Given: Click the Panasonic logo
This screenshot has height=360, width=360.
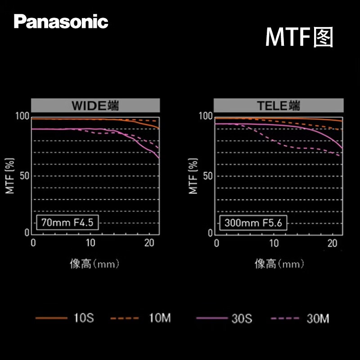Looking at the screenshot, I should [x=61, y=21].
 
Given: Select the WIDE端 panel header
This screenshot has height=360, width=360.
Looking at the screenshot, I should [x=95, y=106].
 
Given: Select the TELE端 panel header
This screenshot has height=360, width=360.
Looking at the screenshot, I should [x=279, y=106].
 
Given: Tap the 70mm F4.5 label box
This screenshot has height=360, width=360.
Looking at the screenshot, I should [x=67, y=222].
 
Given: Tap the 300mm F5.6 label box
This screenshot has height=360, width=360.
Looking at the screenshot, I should [x=254, y=222].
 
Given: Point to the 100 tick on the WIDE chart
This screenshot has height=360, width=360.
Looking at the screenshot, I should [x=23, y=117].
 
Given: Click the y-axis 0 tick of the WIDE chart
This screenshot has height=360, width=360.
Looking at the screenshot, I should [x=27, y=232].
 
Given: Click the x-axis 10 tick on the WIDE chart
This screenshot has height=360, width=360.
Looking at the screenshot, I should [x=90, y=243].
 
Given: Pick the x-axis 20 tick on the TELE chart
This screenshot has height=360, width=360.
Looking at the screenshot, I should [x=333, y=243].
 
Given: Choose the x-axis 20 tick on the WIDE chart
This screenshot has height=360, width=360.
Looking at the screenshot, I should [x=149, y=243].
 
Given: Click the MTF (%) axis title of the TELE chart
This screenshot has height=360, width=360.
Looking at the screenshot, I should [x=193, y=175].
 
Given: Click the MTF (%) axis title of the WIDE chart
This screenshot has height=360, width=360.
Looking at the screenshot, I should [x=10, y=175].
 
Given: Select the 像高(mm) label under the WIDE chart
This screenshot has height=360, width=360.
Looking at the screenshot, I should [x=95, y=264].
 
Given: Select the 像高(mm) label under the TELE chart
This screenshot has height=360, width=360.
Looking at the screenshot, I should [x=279, y=264].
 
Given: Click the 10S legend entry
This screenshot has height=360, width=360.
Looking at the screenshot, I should [x=65, y=319].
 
